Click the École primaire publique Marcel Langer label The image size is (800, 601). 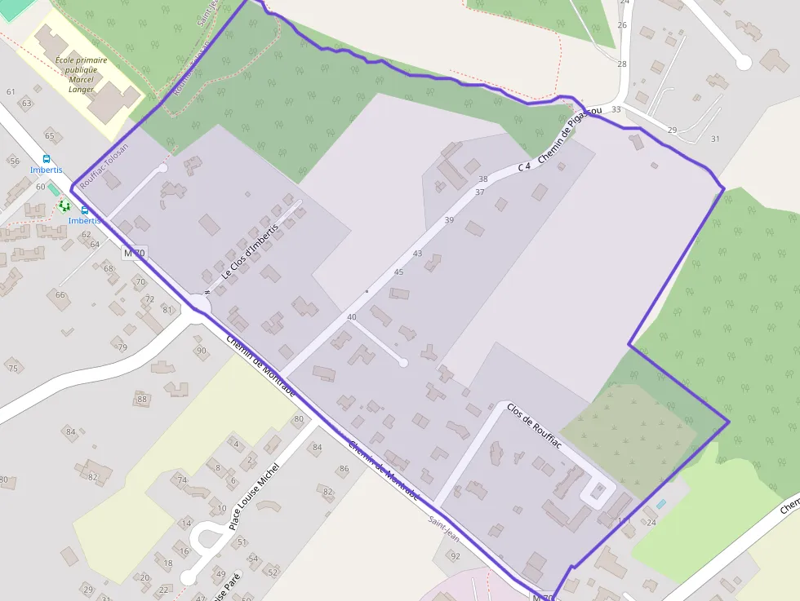pyautogui.click(x=81, y=74)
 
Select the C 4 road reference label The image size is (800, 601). pyautogui.click(x=524, y=166)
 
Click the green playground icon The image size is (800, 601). pyautogui.click(x=64, y=205)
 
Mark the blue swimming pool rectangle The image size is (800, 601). pyautogui.click(x=660, y=504)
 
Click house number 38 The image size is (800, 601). pyautogui.click(x=482, y=179)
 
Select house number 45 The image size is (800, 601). pyautogui.click(x=398, y=272)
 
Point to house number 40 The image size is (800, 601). pyautogui.click(x=352, y=316)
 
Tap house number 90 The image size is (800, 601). pyautogui.click(x=201, y=351)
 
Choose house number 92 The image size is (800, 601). pyautogui.click(x=456, y=556)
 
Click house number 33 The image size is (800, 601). pyautogui.click(x=616, y=109)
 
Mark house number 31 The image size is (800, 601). pyautogui.click(x=715, y=139)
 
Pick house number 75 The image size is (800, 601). pyautogui.click(x=12, y=369)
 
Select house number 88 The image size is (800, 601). pyautogui.click(x=142, y=399)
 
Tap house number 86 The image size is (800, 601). pyautogui.click(x=344, y=469)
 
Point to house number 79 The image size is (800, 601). pyautogui.click(x=122, y=347)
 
